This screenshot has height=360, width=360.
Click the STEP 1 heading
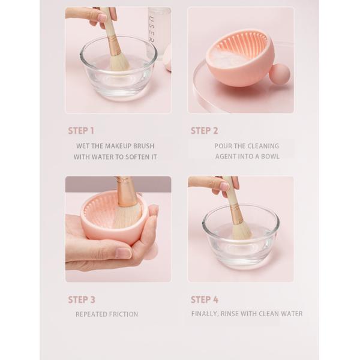[81, 131]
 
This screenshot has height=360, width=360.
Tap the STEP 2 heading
[204, 131]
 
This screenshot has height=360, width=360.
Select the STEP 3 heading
[82, 299]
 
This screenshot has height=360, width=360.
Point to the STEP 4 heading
[205, 299]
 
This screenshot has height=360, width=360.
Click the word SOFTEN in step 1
[136, 157]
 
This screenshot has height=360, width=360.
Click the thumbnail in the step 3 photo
[123, 253]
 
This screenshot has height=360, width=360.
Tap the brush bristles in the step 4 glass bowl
[241, 232]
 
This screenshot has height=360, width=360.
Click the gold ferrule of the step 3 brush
[125, 192]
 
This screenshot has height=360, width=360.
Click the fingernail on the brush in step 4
[224, 185]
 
